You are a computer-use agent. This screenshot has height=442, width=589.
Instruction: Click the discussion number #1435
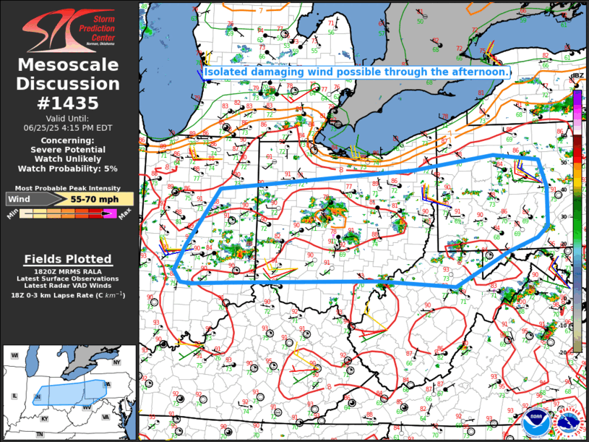click(69, 103)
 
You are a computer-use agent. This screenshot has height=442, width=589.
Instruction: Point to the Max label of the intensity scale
click(124, 215)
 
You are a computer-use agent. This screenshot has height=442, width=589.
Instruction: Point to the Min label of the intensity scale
click(12, 215)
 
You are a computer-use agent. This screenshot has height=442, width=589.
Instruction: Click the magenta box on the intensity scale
click(110, 213)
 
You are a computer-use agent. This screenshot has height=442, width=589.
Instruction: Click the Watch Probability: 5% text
click(69, 169)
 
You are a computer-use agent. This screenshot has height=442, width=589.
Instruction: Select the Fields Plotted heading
click(69, 259)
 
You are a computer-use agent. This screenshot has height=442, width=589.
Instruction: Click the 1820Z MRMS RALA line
click(69, 271)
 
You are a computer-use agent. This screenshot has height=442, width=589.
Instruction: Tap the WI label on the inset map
click(14, 355)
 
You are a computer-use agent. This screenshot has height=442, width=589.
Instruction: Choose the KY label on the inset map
click(45, 418)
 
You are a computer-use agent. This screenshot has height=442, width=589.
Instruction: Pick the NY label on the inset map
click(116, 361)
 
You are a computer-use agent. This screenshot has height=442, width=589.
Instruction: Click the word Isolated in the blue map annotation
click(226, 72)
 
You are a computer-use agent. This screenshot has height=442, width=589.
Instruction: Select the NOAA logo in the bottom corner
click(535, 422)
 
